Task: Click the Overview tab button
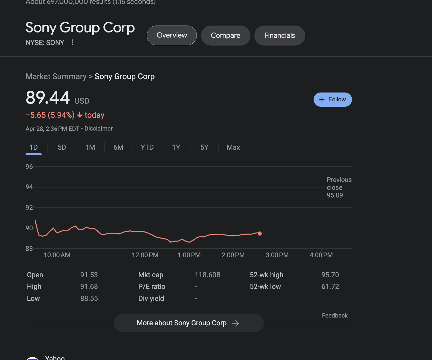[172, 35]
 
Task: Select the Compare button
[225, 36]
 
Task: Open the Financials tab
[279, 36]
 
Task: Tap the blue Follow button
[332, 99]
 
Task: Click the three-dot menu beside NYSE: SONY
[72, 42]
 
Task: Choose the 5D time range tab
[62, 147]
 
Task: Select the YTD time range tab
[147, 147]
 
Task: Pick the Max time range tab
[233, 147]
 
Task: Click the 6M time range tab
[118, 147]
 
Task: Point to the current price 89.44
[48, 98]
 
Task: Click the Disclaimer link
[98, 129]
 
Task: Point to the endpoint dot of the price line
[260, 234]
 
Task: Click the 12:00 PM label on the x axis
[145, 255]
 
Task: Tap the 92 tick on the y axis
[29, 207]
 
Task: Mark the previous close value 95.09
[335, 195]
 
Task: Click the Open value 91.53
[89, 275]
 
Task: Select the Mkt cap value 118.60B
[208, 275]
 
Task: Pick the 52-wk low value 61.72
[330, 286]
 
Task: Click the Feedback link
[335, 315]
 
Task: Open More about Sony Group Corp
[188, 323]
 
